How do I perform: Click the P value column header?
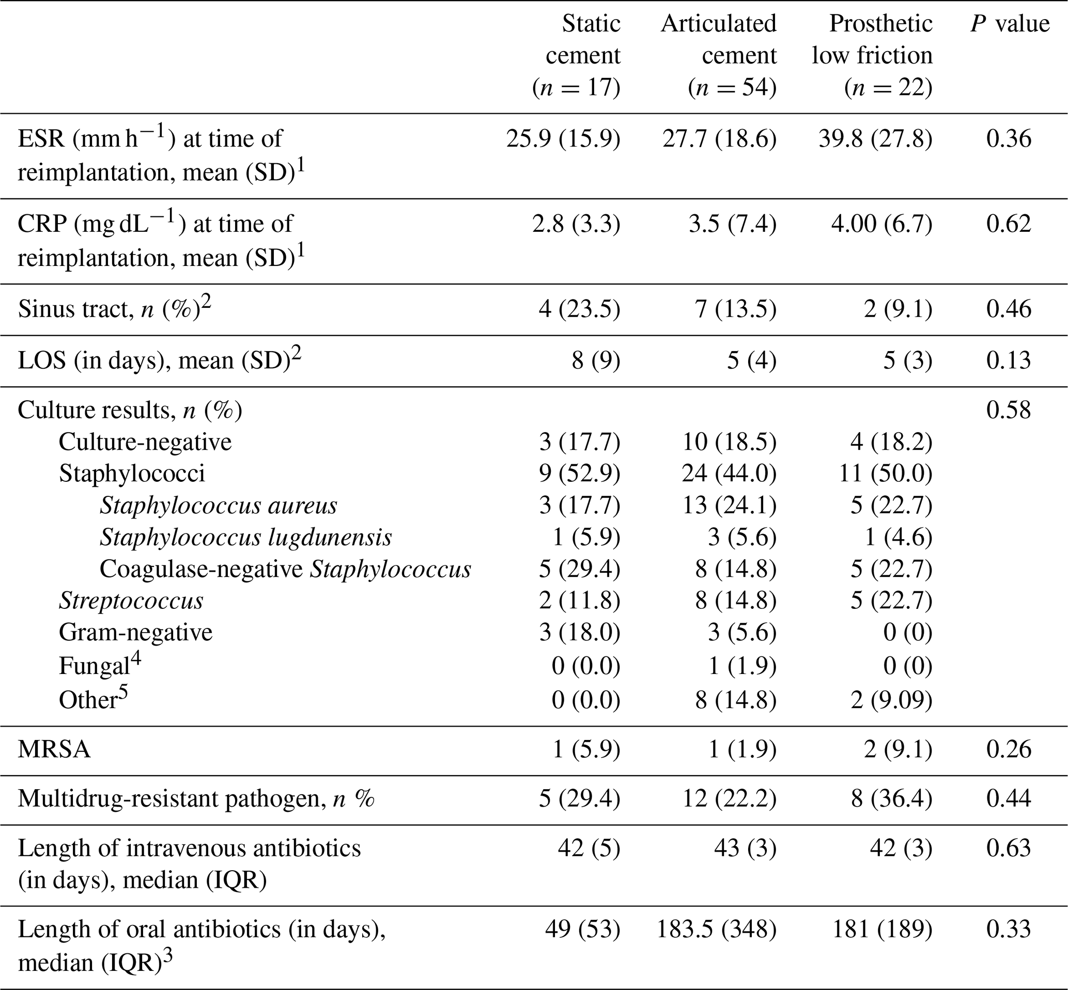1010,24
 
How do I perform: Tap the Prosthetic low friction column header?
872,55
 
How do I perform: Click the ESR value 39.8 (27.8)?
875,139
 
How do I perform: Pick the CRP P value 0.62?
1009,224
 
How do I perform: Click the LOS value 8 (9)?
595,360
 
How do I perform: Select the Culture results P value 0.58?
1009,410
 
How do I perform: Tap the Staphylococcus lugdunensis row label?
245,537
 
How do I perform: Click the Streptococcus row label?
131,601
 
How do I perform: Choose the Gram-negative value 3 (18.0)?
579,633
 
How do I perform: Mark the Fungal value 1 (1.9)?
742,666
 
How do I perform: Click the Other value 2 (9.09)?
891,700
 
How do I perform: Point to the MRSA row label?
54,749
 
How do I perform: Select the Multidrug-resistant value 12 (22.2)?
730,799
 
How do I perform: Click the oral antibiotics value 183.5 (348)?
717,930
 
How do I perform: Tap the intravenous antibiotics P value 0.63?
1009,848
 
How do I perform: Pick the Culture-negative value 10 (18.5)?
730,442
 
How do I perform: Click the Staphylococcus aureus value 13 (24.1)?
730,505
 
